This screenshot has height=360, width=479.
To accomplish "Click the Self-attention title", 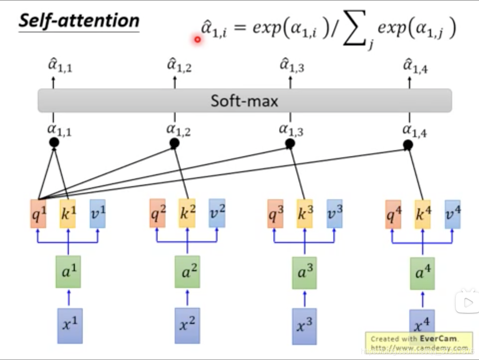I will click(79, 21).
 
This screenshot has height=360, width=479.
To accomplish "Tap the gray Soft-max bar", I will click(245, 100).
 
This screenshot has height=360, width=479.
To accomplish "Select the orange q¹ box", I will click(38, 214).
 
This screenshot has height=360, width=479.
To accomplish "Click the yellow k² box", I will click(187, 213).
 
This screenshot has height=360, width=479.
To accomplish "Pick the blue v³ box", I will click(334, 213).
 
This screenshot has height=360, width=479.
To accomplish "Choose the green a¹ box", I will click(68, 271).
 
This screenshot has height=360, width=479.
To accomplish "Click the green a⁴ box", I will click(423, 273).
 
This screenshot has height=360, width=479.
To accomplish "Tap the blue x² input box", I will click(187, 325).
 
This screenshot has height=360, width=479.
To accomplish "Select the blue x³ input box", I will click(304, 326).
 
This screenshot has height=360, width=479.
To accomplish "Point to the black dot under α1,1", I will click(54, 142).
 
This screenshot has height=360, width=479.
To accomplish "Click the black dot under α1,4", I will click(408, 145).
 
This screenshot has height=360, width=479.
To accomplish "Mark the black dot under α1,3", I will click(290, 144).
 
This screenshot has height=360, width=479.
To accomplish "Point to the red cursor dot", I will click(197, 40).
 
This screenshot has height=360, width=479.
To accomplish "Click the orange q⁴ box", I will click(393, 214).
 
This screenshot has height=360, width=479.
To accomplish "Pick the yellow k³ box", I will click(305, 214).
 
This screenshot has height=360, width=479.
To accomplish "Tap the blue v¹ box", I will click(97, 214).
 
